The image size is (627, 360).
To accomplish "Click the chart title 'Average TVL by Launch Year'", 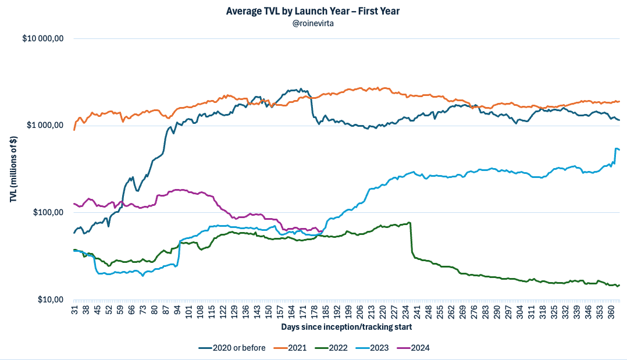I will [313, 11].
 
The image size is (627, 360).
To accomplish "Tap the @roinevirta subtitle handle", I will [313, 23].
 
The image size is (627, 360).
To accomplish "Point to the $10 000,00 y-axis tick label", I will [46, 39].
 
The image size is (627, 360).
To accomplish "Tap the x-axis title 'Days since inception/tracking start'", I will [347, 327].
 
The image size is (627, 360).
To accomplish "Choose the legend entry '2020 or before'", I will [232, 348].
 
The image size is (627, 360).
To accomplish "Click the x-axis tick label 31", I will [74, 309].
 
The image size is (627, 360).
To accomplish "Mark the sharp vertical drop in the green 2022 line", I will [411, 238].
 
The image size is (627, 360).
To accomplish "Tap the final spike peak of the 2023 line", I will [616, 148].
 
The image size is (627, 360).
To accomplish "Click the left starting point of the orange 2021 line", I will [74, 130].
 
